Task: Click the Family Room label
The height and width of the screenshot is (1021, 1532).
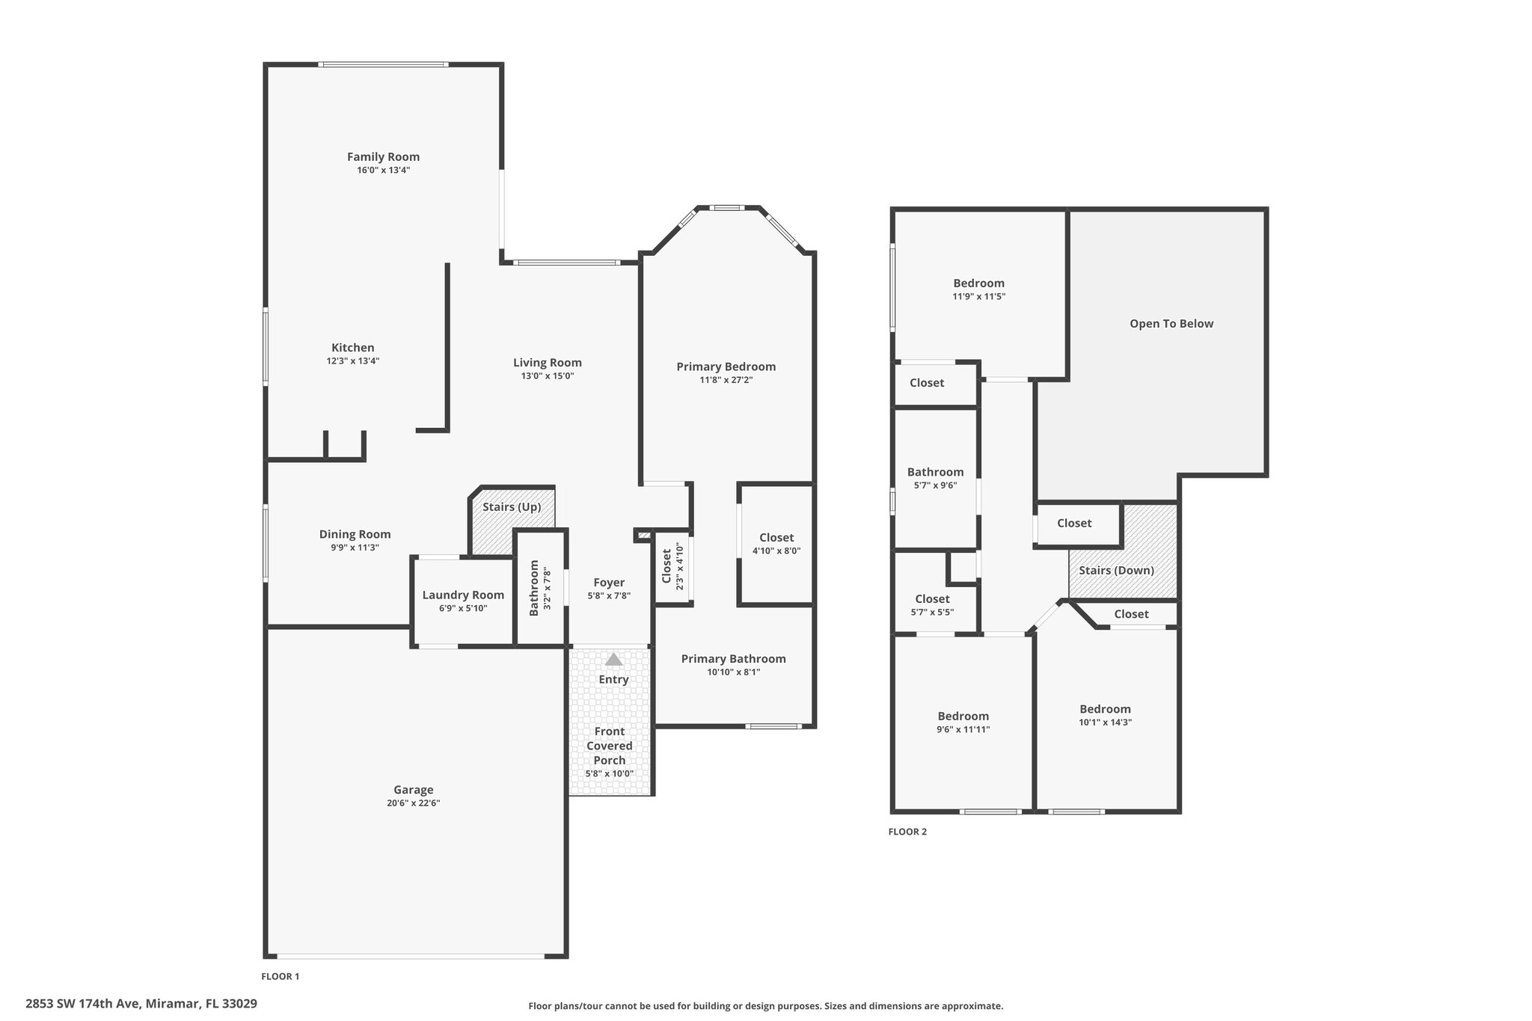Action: (383, 156)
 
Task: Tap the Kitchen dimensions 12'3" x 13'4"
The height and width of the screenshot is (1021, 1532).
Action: (352, 361)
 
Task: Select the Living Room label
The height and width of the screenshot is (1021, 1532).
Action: (547, 363)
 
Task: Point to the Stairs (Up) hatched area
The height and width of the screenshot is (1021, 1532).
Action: (512, 521)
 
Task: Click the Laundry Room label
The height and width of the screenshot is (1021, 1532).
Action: (463, 595)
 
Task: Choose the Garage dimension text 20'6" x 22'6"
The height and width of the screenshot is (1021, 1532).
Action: (413, 803)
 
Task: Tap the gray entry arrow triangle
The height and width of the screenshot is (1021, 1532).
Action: (613, 659)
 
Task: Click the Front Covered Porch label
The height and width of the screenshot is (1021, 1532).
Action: (610, 746)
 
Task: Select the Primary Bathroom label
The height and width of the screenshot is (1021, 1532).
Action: (733, 659)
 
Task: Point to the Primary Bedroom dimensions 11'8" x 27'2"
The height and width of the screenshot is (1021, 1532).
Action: (726, 380)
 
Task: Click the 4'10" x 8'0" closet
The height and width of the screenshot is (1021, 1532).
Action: (776, 544)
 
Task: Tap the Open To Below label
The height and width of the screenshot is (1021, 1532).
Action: (1171, 324)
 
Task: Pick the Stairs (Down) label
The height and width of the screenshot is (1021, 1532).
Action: (1116, 571)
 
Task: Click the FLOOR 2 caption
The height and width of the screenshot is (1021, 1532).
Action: (907, 832)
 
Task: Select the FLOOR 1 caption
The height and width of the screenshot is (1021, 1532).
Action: (281, 976)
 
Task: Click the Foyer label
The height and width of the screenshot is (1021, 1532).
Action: (609, 583)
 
